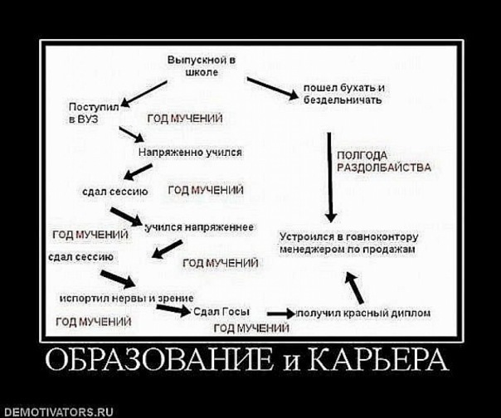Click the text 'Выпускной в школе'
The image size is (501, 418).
tap(202, 66)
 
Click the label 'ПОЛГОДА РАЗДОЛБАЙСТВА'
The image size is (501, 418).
tap(383, 160)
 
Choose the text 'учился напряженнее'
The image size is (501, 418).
tap(200, 227)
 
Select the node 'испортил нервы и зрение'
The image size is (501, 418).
tap(126, 297)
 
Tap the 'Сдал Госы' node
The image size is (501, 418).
tap(218, 313)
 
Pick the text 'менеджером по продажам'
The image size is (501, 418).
tap(347, 248)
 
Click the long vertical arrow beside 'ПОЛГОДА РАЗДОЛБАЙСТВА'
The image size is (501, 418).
tap(329, 175)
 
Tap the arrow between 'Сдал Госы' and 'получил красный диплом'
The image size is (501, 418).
tap(280, 313)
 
